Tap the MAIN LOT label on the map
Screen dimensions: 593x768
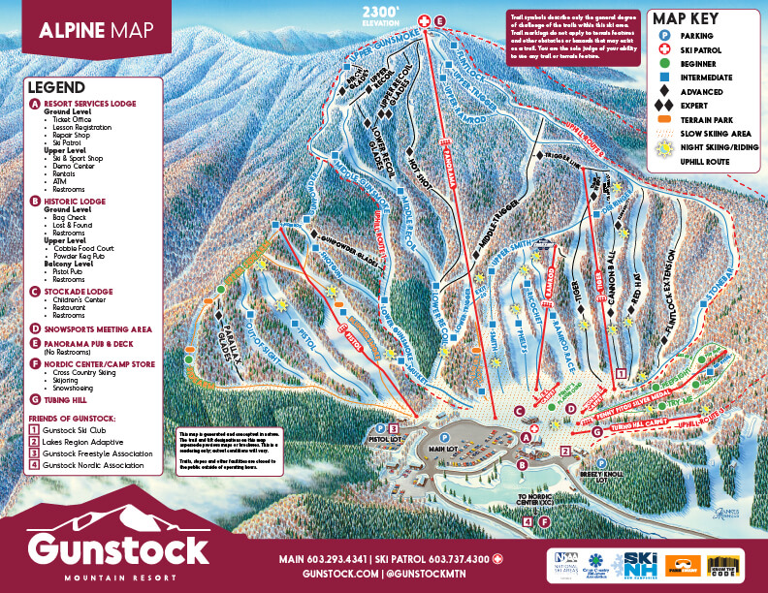tap(443, 448)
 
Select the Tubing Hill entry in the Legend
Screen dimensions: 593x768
tap(69, 398)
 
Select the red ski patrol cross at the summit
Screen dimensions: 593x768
tap(423, 20)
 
